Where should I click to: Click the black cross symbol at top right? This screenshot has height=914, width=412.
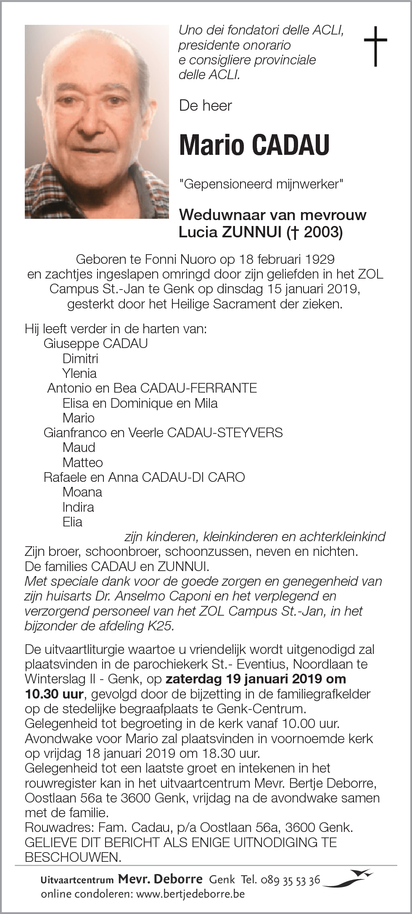coord(375,46)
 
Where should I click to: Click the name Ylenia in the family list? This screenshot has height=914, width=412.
coord(79,373)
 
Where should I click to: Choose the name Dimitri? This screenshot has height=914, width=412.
coord(80,359)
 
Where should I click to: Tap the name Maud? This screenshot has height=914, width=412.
coord(79,447)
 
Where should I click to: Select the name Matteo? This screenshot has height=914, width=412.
coord(82,462)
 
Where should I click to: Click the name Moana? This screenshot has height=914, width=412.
coord(82,492)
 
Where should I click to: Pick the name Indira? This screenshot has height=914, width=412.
coord(78,507)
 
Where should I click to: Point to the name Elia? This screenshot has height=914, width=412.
coord(72,522)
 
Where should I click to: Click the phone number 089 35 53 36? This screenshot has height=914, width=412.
coord(291,879)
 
